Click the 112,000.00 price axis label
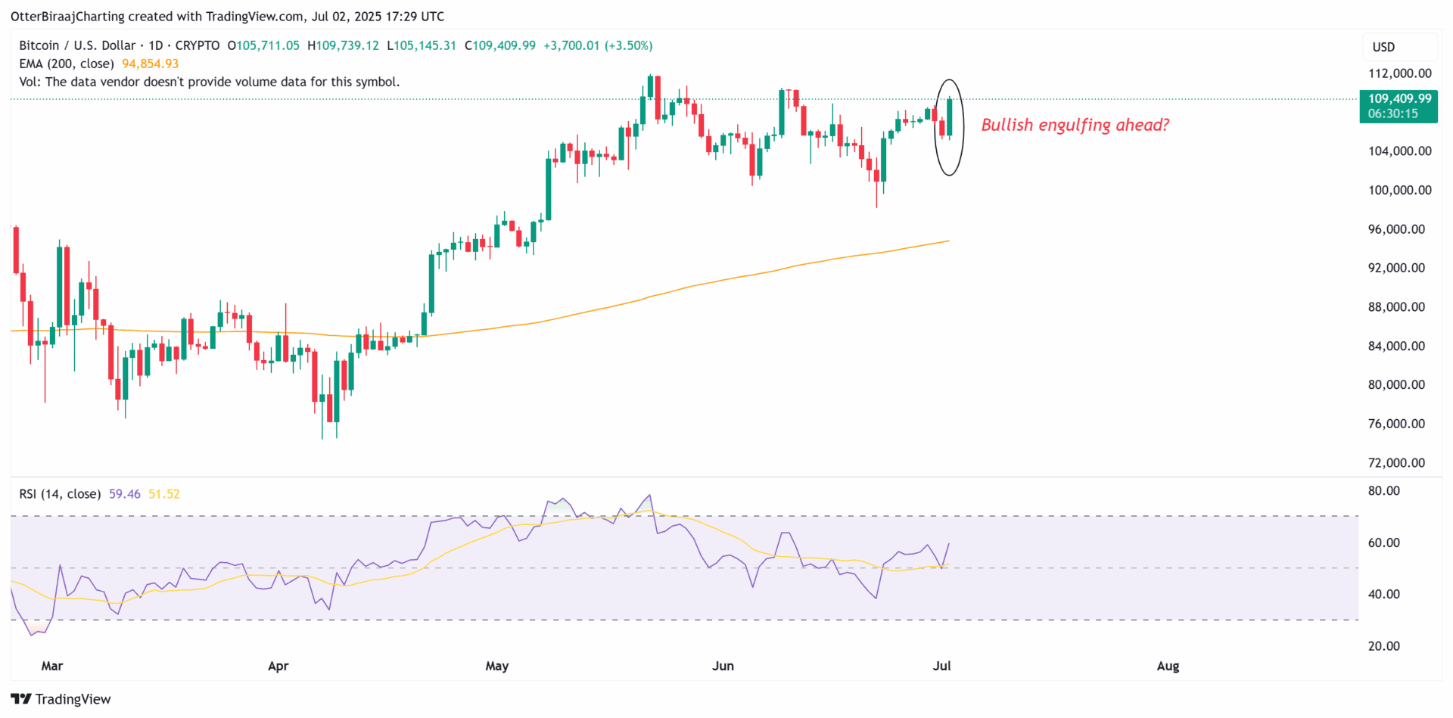tap(1399, 73)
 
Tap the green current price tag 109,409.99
tap(1399, 98)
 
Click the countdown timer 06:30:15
tap(1392, 114)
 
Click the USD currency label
tap(1383, 47)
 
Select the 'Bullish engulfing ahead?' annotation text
tap(1075, 125)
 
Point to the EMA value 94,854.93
tap(150, 64)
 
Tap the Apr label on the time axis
tap(278, 666)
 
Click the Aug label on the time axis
tap(1168, 666)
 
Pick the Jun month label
tap(723, 666)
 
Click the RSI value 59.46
tap(124, 494)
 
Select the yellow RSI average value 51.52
tap(164, 494)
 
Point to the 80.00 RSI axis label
tap(1383, 491)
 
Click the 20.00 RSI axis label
tap(1383, 646)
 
